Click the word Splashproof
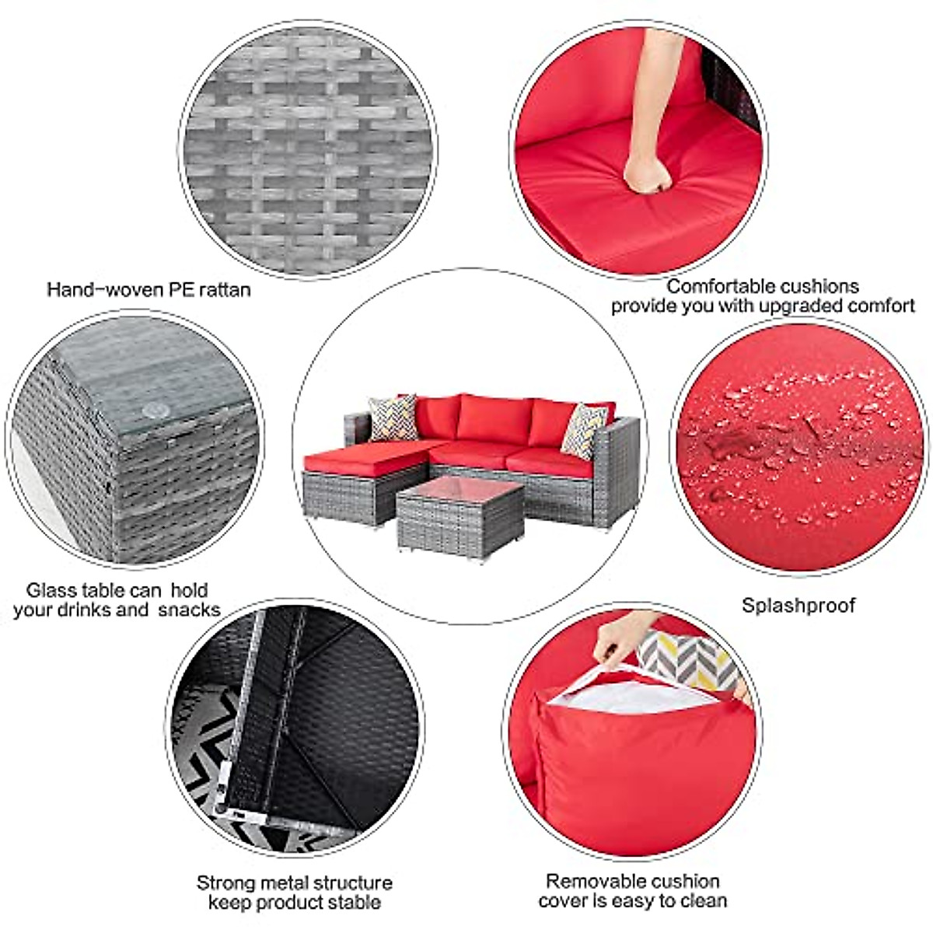798,606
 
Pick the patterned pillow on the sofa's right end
583,429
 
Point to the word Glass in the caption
52,590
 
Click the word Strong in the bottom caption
225,882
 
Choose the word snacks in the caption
189,610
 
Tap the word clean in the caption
704,901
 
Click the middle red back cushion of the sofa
490,418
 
